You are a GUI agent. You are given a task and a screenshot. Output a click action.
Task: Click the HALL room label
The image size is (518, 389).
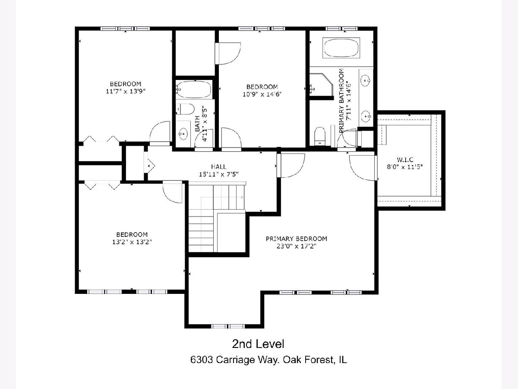pyautogui.click(x=219, y=167)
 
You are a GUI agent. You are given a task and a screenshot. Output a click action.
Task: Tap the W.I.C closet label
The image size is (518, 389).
pyautogui.click(x=405, y=159)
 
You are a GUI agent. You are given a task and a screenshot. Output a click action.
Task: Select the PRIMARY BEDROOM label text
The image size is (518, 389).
pyautogui.click(x=297, y=239)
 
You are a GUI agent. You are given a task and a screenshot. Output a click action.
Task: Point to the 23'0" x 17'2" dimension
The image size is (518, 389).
pyautogui.click(x=297, y=246)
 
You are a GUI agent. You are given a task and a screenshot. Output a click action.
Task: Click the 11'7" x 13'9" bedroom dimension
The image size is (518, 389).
pyautogui.click(x=126, y=91)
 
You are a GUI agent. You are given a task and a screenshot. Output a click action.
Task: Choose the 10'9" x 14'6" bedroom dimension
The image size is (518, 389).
pyautogui.click(x=262, y=94)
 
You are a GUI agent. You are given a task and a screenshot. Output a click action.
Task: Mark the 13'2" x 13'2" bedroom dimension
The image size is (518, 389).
pyautogui.click(x=132, y=242)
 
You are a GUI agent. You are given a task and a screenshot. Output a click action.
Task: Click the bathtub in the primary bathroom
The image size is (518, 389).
pyautogui.click(x=341, y=48)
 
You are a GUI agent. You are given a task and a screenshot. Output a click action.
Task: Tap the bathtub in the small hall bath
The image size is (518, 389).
pyautogui.click(x=194, y=89)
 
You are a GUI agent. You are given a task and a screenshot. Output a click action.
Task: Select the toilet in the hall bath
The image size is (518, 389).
pyautogui.click(x=185, y=109)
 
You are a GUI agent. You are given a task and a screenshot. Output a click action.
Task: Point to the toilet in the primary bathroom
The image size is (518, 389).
pyautogui.click(x=320, y=136)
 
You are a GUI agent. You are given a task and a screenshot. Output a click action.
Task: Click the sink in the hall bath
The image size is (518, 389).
pyautogui.click(x=183, y=134)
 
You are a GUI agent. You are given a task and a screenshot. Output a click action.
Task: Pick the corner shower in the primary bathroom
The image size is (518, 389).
pyautogui.click(x=321, y=84)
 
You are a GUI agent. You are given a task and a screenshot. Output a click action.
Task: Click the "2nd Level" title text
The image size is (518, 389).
pyautogui.click(x=258, y=344)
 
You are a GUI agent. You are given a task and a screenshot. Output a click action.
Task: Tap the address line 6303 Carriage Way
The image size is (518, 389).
pyautogui.click(x=268, y=360)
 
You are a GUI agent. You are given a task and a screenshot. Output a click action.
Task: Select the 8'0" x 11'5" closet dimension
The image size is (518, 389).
pyautogui.click(x=405, y=167)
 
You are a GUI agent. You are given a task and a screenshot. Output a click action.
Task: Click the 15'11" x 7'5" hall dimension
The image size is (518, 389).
pyautogui.click(x=219, y=174)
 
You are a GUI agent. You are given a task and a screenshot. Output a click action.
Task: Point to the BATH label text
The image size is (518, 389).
pyautogui.click(x=198, y=123)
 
